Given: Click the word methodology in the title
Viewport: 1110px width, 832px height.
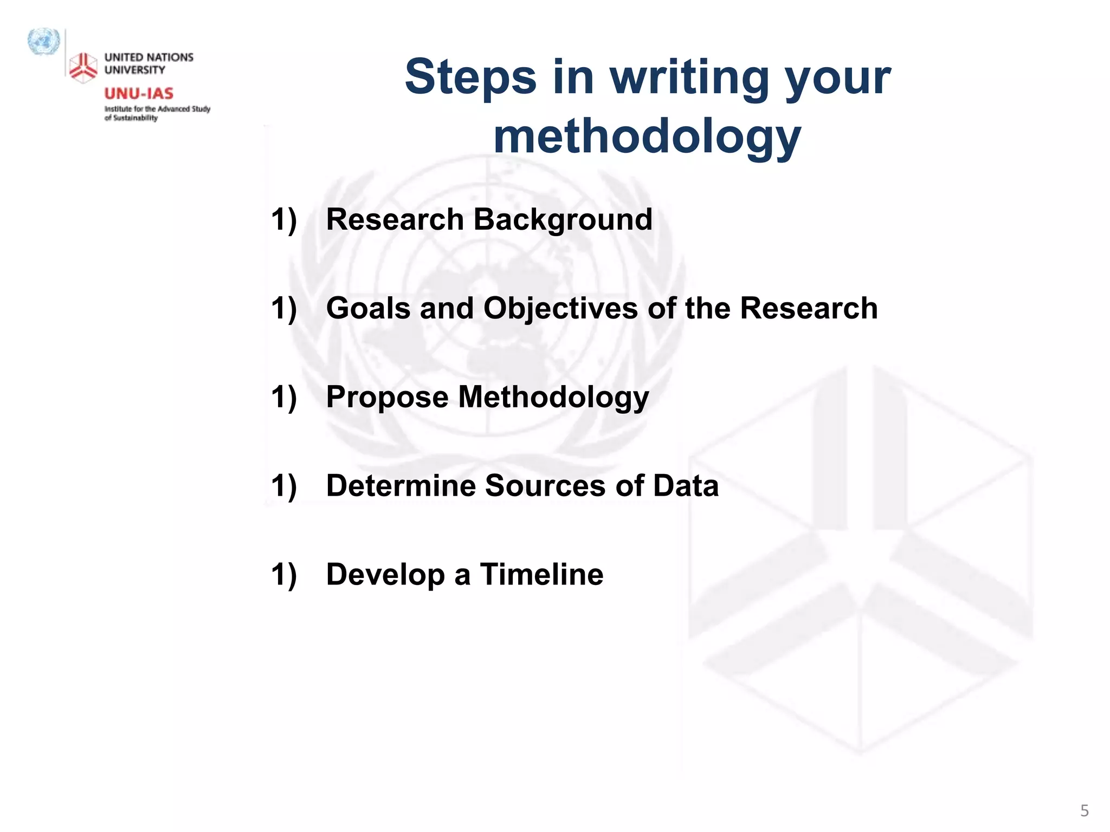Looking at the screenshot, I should (x=647, y=138).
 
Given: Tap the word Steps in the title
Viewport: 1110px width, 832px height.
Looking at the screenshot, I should (x=470, y=77).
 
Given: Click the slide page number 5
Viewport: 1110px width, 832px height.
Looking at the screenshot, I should (x=1084, y=811).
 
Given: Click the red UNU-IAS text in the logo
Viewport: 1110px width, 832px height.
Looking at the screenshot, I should (x=139, y=94).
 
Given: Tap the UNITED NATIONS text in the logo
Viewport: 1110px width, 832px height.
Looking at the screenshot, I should (x=149, y=57).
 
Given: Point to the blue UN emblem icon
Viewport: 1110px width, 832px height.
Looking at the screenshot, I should (x=43, y=42).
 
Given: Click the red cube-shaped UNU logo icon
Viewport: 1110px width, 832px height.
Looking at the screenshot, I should (x=83, y=68).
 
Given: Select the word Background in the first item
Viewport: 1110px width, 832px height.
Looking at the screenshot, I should (x=563, y=220).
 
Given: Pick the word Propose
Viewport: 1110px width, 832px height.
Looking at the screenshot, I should (x=387, y=398).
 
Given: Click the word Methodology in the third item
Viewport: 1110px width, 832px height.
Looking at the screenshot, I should (x=553, y=398).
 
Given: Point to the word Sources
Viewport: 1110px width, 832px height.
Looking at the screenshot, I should (x=545, y=485).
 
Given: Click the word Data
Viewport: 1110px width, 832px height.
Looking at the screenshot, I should (x=686, y=485).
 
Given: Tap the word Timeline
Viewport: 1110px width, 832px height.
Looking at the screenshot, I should (x=541, y=574).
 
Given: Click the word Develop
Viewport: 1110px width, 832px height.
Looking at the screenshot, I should (x=385, y=575).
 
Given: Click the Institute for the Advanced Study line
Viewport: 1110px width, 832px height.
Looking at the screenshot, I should (x=157, y=109).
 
